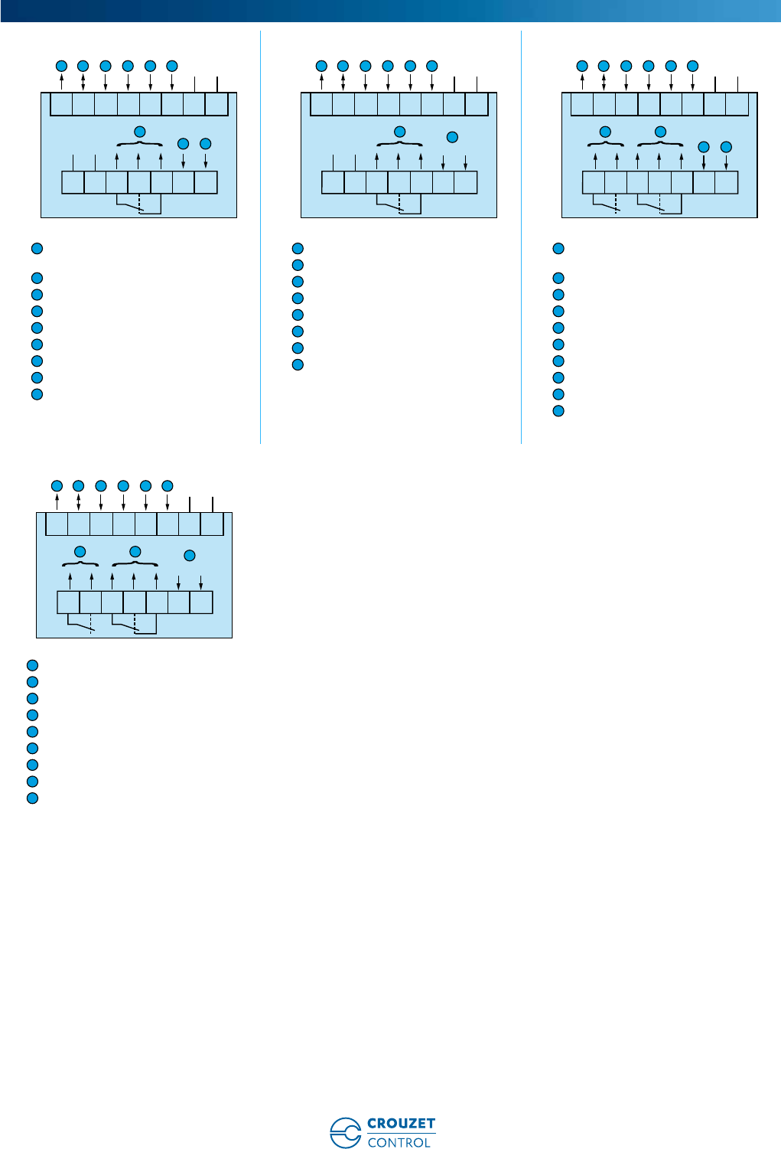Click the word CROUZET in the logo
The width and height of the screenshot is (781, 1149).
pyautogui.click(x=401, y=1124)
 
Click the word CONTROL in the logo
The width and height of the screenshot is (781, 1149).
pyautogui.click(x=399, y=1142)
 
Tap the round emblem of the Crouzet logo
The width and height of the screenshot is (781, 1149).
pyautogui.click(x=346, y=1133)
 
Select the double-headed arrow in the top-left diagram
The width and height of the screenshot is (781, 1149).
pyautogui.click(x=83, y=80)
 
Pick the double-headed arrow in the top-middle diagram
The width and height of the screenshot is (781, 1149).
pyautogui.click(x=343, y=80)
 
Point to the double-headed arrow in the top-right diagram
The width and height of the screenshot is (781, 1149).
pyautogui.click(x=604, y=80)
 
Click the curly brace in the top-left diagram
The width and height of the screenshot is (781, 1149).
pyautogui.click(x=140, y=144)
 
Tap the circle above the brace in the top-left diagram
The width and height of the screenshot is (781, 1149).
pyautogui.click(x=140, y=132)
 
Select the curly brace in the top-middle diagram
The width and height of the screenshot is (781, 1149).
pyautogui.click(x=400, y=144)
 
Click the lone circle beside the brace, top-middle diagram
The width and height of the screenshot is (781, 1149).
pyautogui.click(x=452, y=137)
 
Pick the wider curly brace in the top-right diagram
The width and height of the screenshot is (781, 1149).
pyautogui.click(x=660, y=144)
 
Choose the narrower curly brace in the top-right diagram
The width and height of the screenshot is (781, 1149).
pyautogui.click(x=606, y=144)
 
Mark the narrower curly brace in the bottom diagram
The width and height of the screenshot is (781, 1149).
pyautogui.click(x=80, y=564)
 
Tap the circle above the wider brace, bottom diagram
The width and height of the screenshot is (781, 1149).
pyautogui.click(x=135, y=551)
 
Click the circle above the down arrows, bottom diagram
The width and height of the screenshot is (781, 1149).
pyautogui.click(x=190, y=555)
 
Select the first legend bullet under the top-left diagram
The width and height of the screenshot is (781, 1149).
pyautogui.click(x=36, y=248)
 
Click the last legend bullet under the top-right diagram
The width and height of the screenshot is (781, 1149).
pyautogui.click(x=558, y=411)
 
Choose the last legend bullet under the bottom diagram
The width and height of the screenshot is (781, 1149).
pyautogui.click(x=32, y=798)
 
